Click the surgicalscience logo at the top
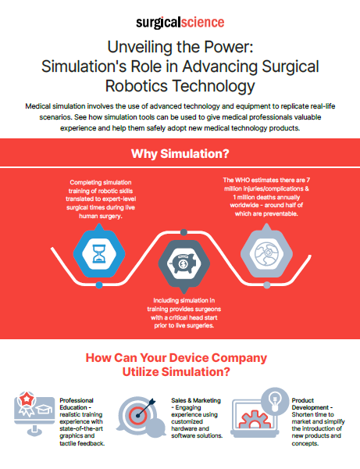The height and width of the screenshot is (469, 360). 180,23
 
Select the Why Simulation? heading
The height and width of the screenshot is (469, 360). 180,154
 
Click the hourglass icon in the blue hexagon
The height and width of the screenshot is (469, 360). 99,254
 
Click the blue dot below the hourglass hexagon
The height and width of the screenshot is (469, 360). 99,285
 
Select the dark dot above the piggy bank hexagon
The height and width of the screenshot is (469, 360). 184,232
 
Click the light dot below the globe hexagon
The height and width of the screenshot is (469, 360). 267,285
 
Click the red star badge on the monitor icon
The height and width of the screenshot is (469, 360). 27,399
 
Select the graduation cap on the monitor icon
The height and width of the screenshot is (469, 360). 44,409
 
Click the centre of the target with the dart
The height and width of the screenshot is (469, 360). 137,416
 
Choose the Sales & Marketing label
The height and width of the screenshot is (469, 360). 196,400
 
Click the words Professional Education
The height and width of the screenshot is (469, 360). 77,404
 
